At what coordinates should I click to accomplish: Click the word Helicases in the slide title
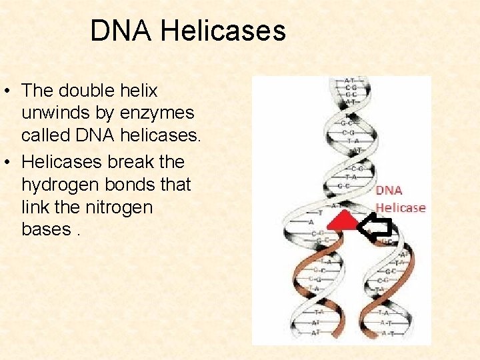223,31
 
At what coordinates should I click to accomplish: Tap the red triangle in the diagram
343,220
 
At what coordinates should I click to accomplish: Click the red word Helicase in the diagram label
400,207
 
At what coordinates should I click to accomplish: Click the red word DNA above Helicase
389,191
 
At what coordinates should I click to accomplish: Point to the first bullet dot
11,90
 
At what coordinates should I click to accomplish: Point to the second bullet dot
11,162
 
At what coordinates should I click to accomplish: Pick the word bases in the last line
45,230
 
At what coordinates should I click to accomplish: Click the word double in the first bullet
87,90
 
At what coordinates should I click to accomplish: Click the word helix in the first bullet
139,90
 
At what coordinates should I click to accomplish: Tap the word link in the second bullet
34,207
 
